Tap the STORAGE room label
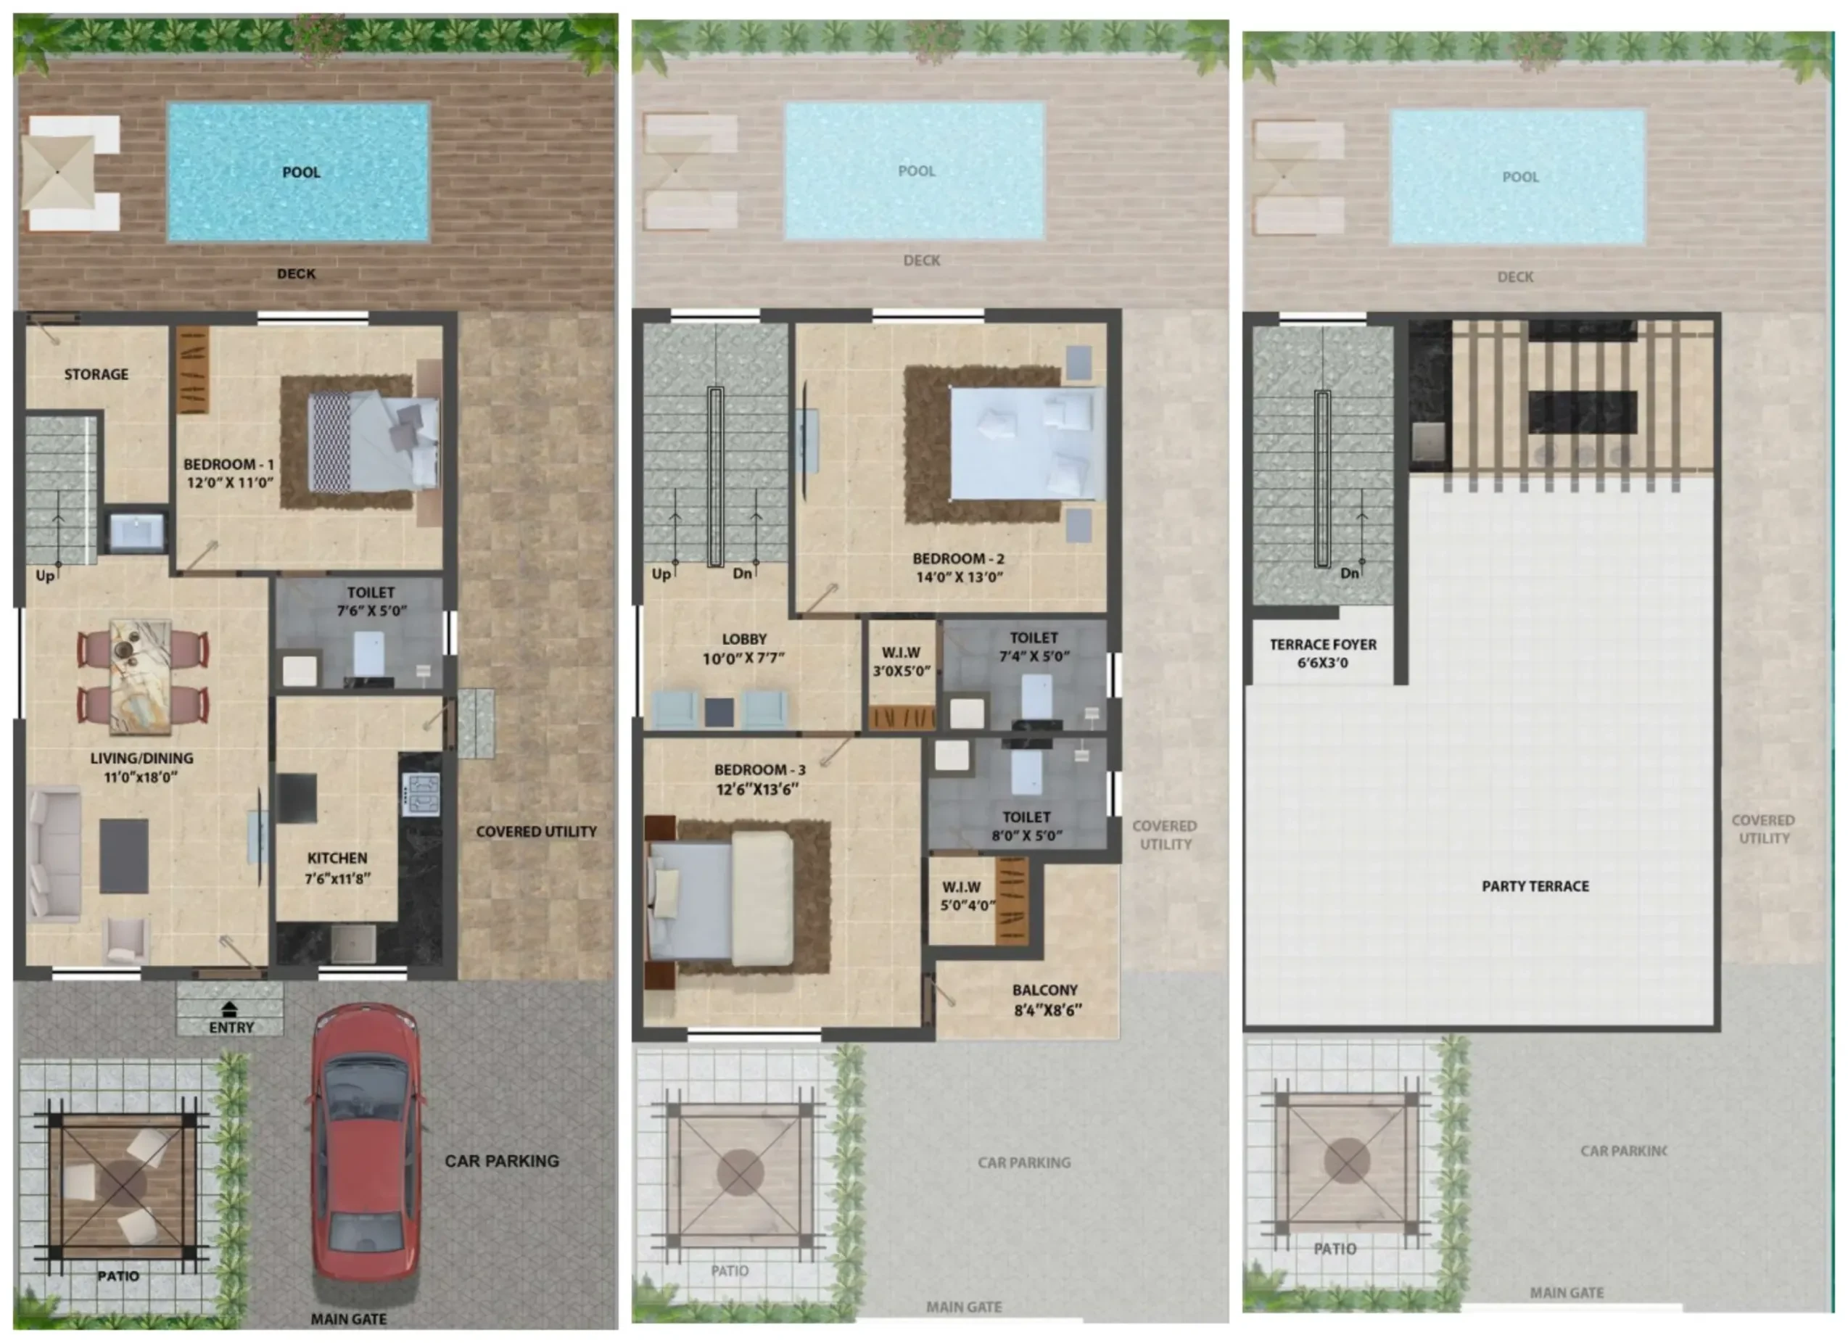pyautogui.click(x=96, y=375)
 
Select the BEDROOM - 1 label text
pyautogui.click(x=229, y=465)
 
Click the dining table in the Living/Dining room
pyautogui.click(x=141, y=676)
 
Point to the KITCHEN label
pyautogui.click(x=337, y=858)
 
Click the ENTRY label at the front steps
pyautogui.click(x=231, y=1028)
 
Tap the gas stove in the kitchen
pyautogui.click(x=421, y=795)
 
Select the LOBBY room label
pyautogui.click(x=744, y=640)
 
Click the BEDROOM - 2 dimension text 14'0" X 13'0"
pyautogui.click(x=959, y=577)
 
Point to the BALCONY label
pyautogui.click(x=1045, y=990)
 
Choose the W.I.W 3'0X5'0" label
pyautogui.click(x=902, y=662)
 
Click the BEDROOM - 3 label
pyautogui.click(x=759, y=770)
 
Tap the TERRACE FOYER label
pyautogui.click(x=1323, y=645)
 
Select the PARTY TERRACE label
pyautogui.click(x=1535, y=887)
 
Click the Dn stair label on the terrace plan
pyautogui.click(x=1349, y=574)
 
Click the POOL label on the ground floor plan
pyautogui.click(x=302, y=173)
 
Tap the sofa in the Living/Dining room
pyautogui.click(x=54, y=854)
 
